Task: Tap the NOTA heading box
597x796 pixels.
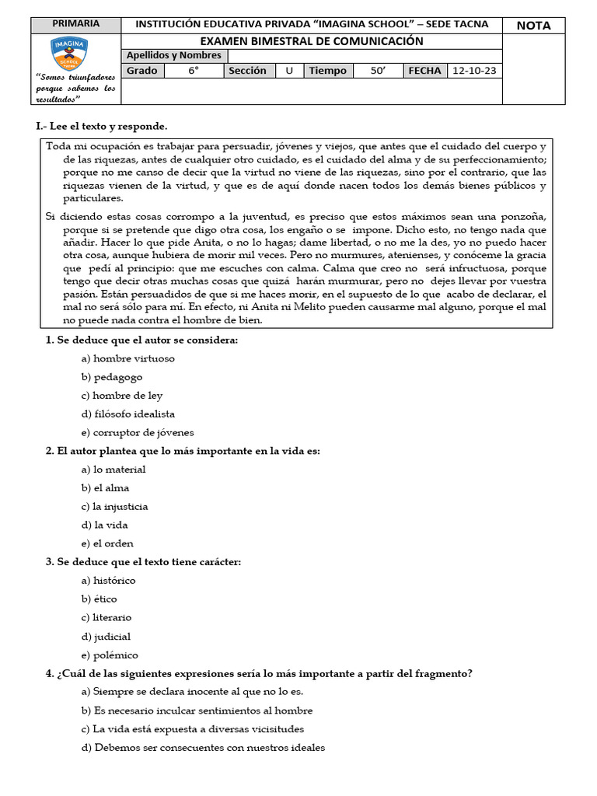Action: click(x=533, y=26)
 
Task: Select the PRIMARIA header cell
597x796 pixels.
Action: click(x=75, y=24)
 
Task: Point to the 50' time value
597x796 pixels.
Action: click(x=378, y=71)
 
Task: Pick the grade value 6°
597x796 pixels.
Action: click(x=194, y=71)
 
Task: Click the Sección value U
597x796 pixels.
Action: click(x=289, y=71)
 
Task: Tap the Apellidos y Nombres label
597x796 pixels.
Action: click(x=173, y=56)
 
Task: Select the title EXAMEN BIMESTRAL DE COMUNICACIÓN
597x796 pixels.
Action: click(x=312, y=41)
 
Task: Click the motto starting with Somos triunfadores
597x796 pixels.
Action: click(x=75, y=89)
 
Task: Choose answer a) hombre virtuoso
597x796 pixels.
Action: click(x=128, y=358)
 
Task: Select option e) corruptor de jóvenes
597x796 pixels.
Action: click(x=138, y=432)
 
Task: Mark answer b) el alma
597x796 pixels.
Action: click(x=105, y=488)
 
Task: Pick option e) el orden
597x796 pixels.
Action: click(x=107, y=543)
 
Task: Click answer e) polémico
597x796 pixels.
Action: click(x=110, y=655)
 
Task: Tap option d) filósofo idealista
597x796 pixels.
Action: click(x=128, y=414)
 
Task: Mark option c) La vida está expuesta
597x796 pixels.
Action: click(x=193, y=729)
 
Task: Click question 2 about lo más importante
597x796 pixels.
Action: click(x=183, y=451)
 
